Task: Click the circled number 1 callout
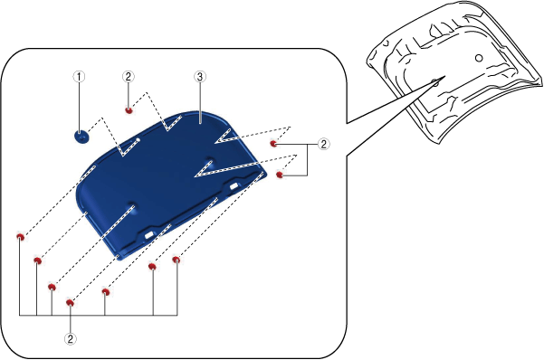point(79,77)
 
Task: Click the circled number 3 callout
point(200,77)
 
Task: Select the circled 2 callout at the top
point(129,77)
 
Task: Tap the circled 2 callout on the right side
point(324,144)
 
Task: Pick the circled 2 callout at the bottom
point(71,339)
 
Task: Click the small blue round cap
point(81,137)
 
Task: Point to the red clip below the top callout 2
point(129,110)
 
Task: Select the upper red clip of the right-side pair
point(273,143)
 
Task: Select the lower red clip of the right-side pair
point(280,175)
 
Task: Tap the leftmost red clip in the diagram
point(21,237)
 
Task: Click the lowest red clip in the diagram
point(70,303)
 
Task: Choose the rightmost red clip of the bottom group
point(177,260)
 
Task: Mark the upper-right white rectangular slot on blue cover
point(234,186)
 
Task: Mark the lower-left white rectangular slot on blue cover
point(149,235)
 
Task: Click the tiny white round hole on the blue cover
point(138,140)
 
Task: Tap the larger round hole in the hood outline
point(479,58)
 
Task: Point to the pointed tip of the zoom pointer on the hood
point(445,76)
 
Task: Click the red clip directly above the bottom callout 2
point(70,303)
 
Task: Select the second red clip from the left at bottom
point(38,261)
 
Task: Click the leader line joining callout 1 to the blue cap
point(80,107)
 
